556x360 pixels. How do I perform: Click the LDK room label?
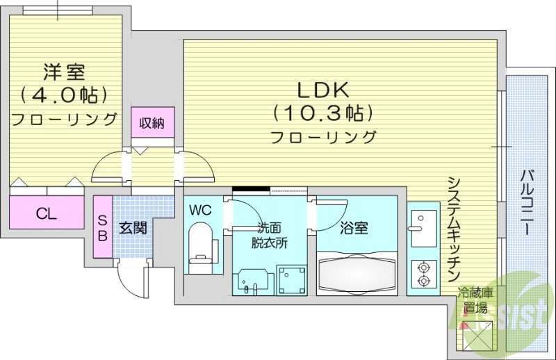pyautogui.click(x=323, y=90)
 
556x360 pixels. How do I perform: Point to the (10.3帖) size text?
pyautogui.click(x=323, y=112)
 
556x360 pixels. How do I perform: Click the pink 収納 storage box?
pyautogui.click(x=152, y=124)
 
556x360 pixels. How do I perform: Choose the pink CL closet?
pyautogui.click(x=46, y=213)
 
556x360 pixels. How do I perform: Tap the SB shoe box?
pyautogui.click(x=102, y=227)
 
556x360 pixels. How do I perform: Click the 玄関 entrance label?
pyautogui.click(x=132, y=227)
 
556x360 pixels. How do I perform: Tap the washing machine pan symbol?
pyautogui.click(x=291, y=279)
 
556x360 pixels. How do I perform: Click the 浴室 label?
pyautogui.click(x=354, y=227)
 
